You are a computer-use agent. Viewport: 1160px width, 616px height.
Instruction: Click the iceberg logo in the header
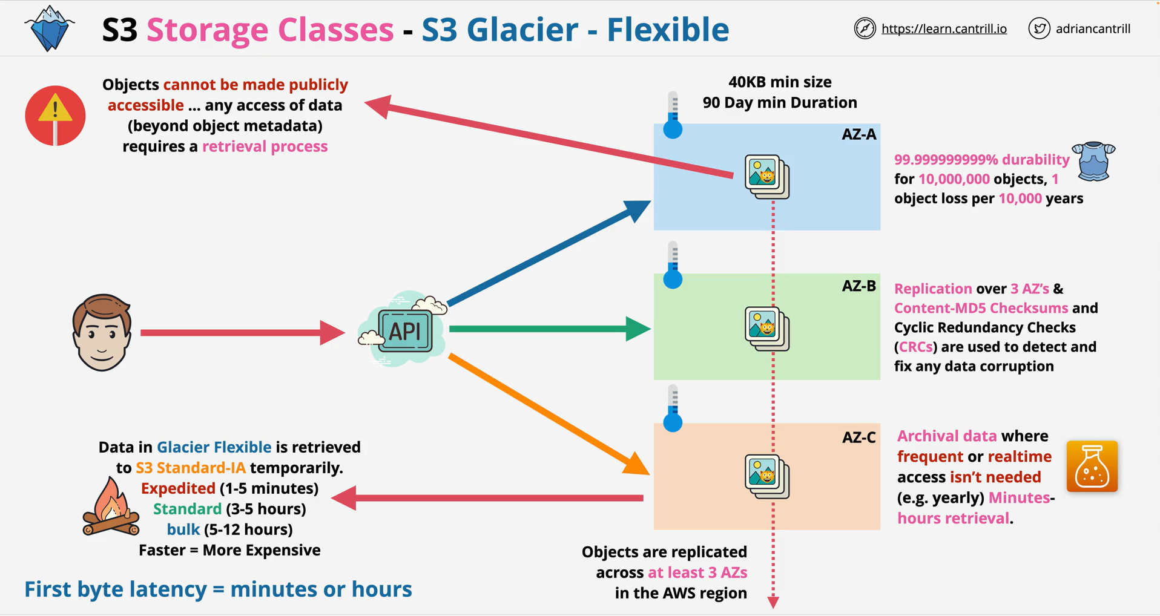pyautogui.click(x=50, y=28)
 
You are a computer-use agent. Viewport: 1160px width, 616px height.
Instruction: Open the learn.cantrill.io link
pyautogui.click(x=944, y=29)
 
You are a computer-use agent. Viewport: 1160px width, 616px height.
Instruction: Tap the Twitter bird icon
pyautogui.click(x=1039, y=28)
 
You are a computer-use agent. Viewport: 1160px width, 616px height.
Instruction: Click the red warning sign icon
pyautogui.click(x=55, y=116)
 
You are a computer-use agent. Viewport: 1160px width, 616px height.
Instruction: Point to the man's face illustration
pyautogui.click(x=102, y=332)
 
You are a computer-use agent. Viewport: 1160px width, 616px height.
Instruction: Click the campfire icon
pyautogui.click(x=111, y=506)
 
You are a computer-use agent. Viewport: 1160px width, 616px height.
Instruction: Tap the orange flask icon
pyautogui.click(x=1092, y=466)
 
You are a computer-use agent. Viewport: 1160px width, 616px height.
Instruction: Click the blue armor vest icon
pyautogui.click(x=1093, y=162)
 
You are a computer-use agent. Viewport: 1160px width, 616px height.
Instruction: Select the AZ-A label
pyautogui.click(x=858, y=134)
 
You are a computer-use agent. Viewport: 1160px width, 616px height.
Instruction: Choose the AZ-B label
pyautogui.click(x=858, y=286)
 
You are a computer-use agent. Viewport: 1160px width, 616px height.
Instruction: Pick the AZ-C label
pyautogui.click(x=858, y=437)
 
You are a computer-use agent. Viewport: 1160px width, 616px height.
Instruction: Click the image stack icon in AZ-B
pyautogui.click(x=767, y=329)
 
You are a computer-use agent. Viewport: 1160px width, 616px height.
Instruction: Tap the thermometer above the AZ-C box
pyautogui.click(x=673, y=408)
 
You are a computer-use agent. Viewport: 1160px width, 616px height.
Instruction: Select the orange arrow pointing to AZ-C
pyautogui.click(x=548, y=414)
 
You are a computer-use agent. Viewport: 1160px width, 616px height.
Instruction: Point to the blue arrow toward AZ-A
pyautogui.click(x=549, y=253)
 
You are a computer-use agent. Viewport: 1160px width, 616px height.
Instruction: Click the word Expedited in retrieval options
pyautogui.click(x=178, y=488)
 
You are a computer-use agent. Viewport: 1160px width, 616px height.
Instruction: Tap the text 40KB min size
pyautogui.click(x=780, y=82)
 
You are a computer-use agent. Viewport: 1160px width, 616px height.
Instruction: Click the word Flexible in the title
pyautogui.click(x=668, y=29)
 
